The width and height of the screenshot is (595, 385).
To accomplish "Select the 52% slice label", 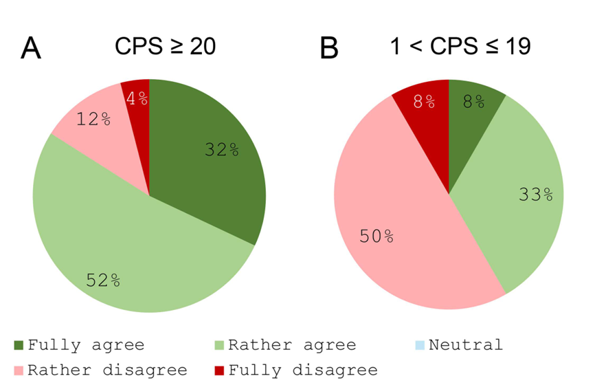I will point(103,280).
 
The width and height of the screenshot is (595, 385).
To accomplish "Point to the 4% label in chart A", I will point(137,98).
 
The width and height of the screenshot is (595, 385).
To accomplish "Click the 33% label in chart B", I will point(535,195).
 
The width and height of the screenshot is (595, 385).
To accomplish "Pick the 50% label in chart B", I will point(377,236).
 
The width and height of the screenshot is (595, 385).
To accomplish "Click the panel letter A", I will point(32,49).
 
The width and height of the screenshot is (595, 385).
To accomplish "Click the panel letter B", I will point(330,49).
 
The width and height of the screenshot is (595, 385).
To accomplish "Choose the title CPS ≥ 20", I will point(165,46).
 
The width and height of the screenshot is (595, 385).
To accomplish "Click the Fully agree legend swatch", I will point(19,344).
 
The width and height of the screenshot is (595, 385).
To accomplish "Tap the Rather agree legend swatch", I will point(218,344).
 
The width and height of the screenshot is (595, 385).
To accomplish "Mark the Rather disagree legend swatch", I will point(19,370).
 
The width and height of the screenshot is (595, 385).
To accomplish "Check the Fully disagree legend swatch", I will point(218,370).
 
